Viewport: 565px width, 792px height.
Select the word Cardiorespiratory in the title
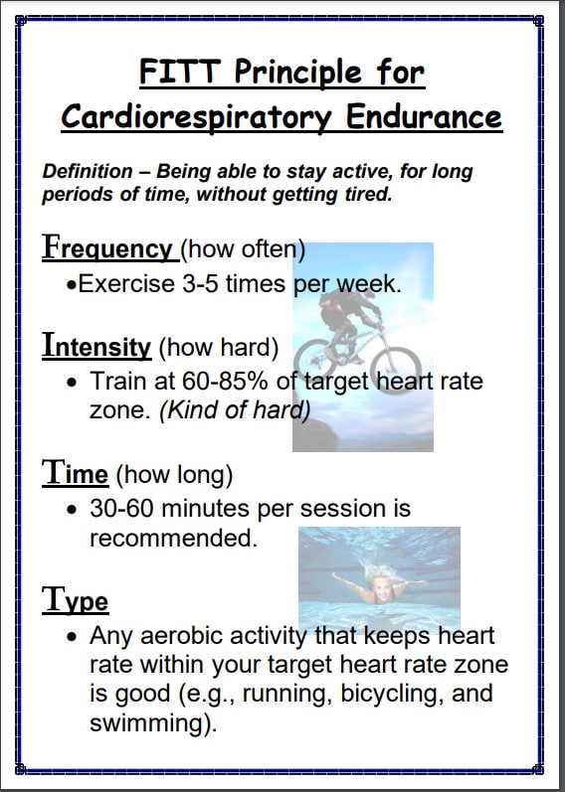coord(194,116)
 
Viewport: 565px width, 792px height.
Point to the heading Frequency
coord(107,247)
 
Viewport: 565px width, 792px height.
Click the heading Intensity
coord(96,347)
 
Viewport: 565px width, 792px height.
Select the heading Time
coord(75,473)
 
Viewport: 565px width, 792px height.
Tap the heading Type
coord(75,599)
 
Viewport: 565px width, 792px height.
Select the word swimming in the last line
coord(150,722)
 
